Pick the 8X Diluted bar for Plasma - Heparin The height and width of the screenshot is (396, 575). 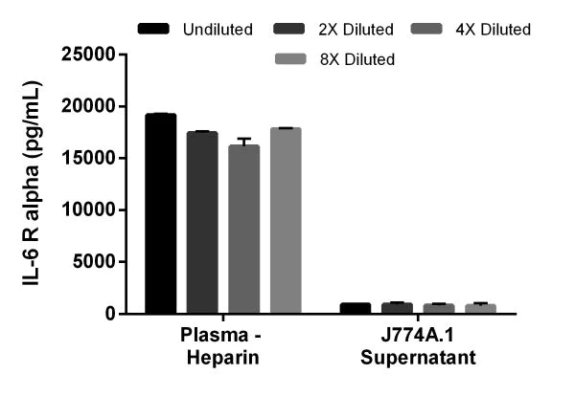[x=286, y=221]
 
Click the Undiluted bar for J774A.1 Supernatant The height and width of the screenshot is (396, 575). [x=355, y=308]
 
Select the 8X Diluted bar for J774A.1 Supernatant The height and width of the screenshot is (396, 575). [x=481, y=309]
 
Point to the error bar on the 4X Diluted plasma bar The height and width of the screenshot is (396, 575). [x=243, y=142]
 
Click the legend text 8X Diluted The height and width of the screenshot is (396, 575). [x=356, y=59]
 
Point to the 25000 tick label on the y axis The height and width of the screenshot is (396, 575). [x=94, y=54]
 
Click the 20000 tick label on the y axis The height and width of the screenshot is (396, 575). [x=94, y=105]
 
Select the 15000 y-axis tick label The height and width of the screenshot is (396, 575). [x=94, y=158]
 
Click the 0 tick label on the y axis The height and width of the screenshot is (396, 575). [x=115, y=314]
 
